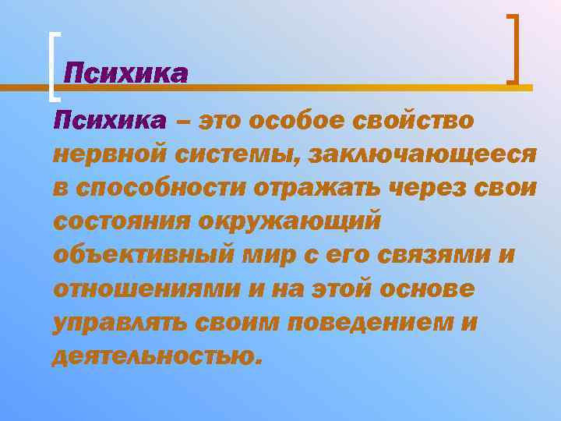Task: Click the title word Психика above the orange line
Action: pyautogui.click(x=125, y=74)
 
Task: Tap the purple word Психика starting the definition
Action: pyautogui.click(x=109, y=121)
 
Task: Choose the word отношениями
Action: pyautogui.click(x=145, y=288)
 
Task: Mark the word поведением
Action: pyautogui.click(x=369, y=322)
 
